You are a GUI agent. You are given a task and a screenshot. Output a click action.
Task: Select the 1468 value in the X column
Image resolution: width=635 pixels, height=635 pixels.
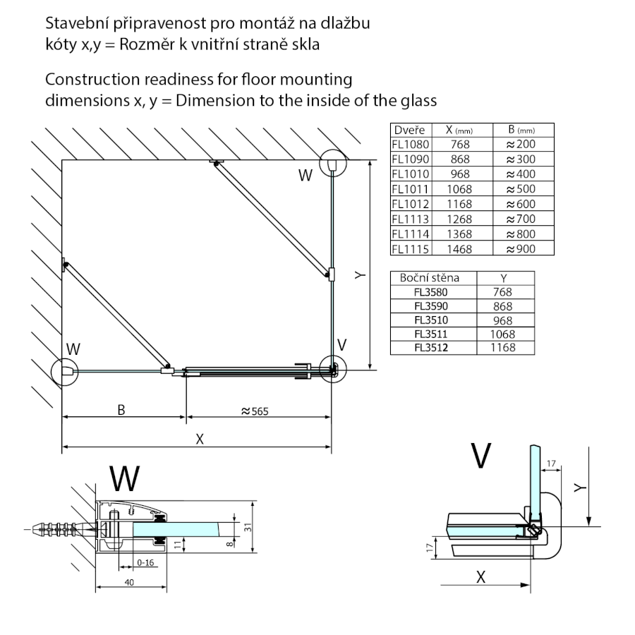(x=459, y=249)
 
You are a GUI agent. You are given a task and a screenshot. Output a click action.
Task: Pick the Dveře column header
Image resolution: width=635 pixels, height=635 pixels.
(x=409, y=130)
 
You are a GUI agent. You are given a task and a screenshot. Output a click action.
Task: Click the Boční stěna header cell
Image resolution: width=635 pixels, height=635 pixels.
(x=429, y=278)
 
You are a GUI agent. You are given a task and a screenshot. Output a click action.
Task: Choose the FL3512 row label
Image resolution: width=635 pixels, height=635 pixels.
(x=432, y=347)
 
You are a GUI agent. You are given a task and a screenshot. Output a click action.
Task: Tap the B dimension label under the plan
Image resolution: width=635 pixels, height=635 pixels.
(x=121, y=410)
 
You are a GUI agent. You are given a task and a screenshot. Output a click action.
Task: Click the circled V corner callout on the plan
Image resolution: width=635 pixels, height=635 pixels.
(x=332, y=368)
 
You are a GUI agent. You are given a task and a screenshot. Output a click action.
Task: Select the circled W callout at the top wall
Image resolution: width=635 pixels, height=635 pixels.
(x=332, y=164)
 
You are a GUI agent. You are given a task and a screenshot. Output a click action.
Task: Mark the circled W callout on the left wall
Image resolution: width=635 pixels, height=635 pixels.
(x=64, y=370)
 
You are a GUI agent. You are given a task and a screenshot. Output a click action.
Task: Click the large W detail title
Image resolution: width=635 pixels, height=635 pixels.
(x=124, y=479)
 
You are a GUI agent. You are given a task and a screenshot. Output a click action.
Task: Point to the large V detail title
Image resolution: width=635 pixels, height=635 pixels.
(x=480, y=456)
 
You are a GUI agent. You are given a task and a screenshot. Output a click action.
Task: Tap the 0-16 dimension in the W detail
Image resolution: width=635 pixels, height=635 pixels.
(x=146, y=562)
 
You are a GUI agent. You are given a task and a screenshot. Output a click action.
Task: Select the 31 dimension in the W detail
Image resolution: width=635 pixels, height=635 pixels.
(x=247, y=528)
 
